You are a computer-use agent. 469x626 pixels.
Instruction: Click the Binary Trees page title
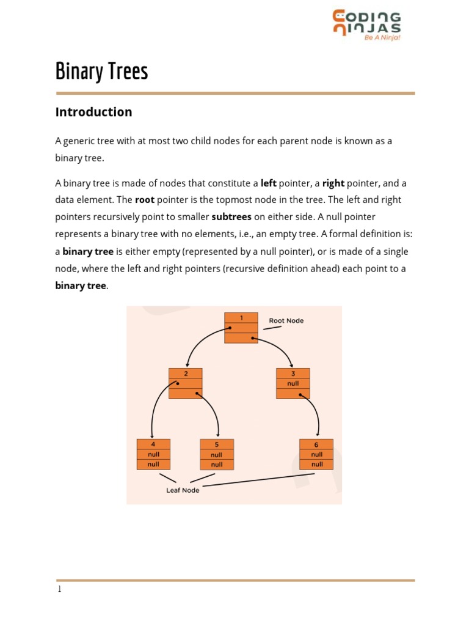point(101,72)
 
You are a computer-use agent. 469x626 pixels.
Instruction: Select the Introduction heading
point(93,112)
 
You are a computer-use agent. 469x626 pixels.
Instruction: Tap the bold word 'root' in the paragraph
point(145,200)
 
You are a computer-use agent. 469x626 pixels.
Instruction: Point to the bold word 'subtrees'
point(231,216)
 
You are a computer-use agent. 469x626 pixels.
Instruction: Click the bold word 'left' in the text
point(268,183)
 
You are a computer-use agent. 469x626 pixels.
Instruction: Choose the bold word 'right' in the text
point(333,183)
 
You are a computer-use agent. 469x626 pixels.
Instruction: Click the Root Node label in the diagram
point(286,320)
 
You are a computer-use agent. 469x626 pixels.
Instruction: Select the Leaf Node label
point(183,490)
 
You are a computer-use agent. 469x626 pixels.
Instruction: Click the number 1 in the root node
point(241,318)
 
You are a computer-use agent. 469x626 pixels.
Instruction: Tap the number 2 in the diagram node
point(186,374)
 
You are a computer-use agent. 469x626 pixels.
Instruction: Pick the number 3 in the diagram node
point(293,374)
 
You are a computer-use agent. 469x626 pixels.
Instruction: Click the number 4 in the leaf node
point(153,444)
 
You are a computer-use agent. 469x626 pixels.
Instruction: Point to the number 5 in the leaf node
point(217,444)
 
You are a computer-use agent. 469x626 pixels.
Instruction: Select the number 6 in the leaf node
point(316,444)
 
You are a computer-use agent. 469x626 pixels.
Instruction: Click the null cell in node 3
point(293,383)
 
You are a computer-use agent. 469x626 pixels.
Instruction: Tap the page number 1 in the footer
point(59,589)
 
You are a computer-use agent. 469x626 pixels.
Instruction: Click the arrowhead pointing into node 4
point(152,435)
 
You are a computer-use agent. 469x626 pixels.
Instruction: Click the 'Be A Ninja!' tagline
point(382,37)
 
